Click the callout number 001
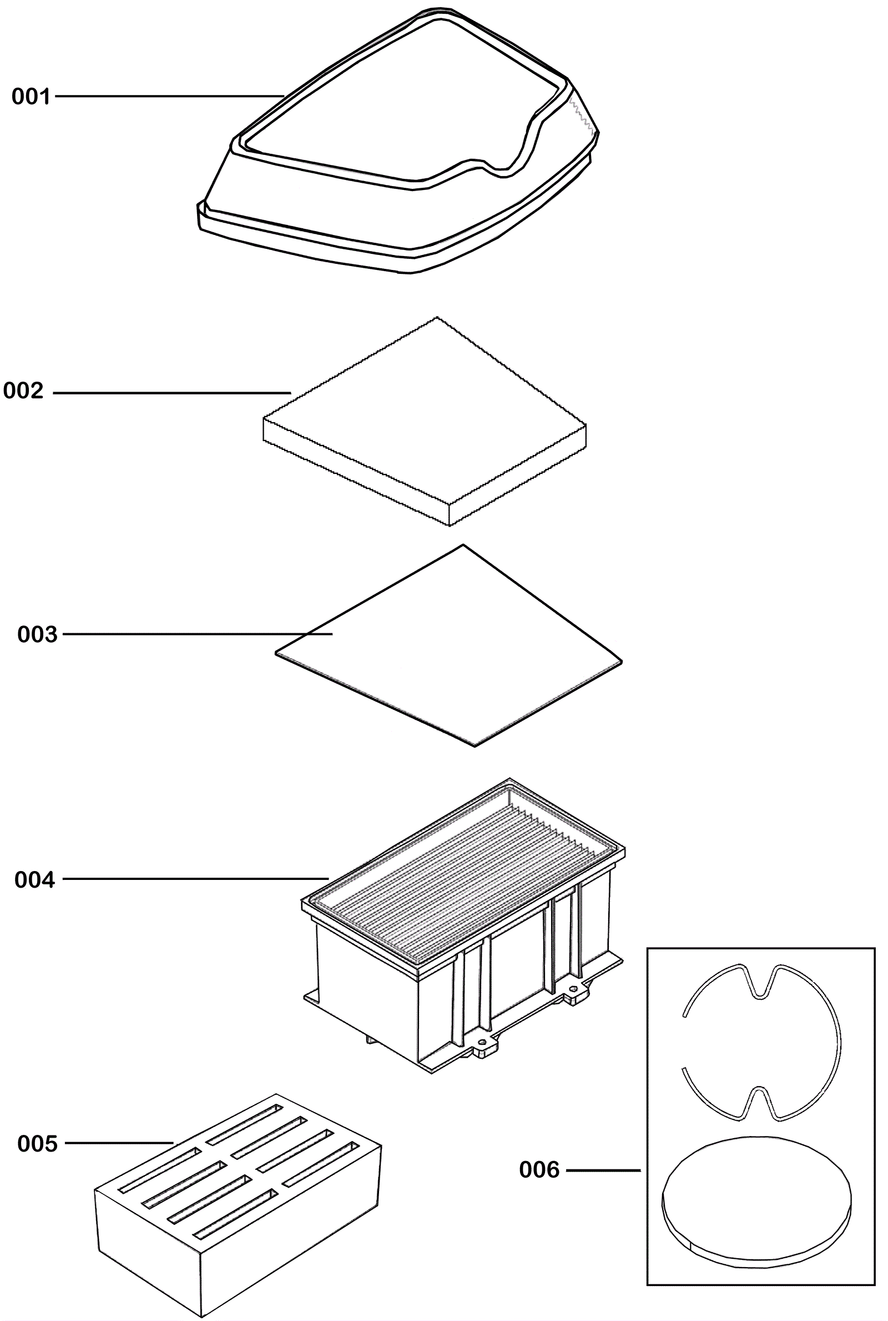31,97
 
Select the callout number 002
23,391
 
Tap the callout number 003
37,634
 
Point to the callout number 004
34,879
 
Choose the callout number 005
37,1144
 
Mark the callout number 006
539,1169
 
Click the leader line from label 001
169,96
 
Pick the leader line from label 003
197,634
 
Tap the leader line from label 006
603,1170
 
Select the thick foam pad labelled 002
425,422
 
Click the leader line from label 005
119,1143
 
